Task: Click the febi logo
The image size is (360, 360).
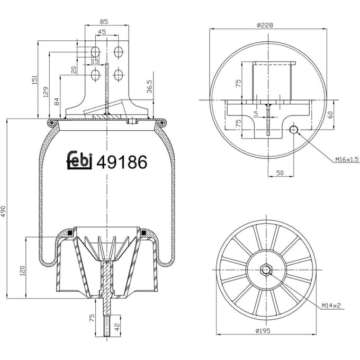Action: [x=79, y=160]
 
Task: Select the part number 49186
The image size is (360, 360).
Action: [x=122, y=162]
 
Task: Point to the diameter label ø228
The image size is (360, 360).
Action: [x=265, y=25]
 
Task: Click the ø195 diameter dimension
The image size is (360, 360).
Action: [x=263, y=331]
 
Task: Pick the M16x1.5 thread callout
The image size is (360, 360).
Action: [x=347, y=159]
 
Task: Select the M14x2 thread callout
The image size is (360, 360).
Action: [x=331, y=305]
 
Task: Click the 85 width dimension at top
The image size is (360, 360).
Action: [x=104, y=22]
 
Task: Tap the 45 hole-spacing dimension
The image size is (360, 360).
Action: [x=102, y=32]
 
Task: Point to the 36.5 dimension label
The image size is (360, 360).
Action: [x=149, y=86]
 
